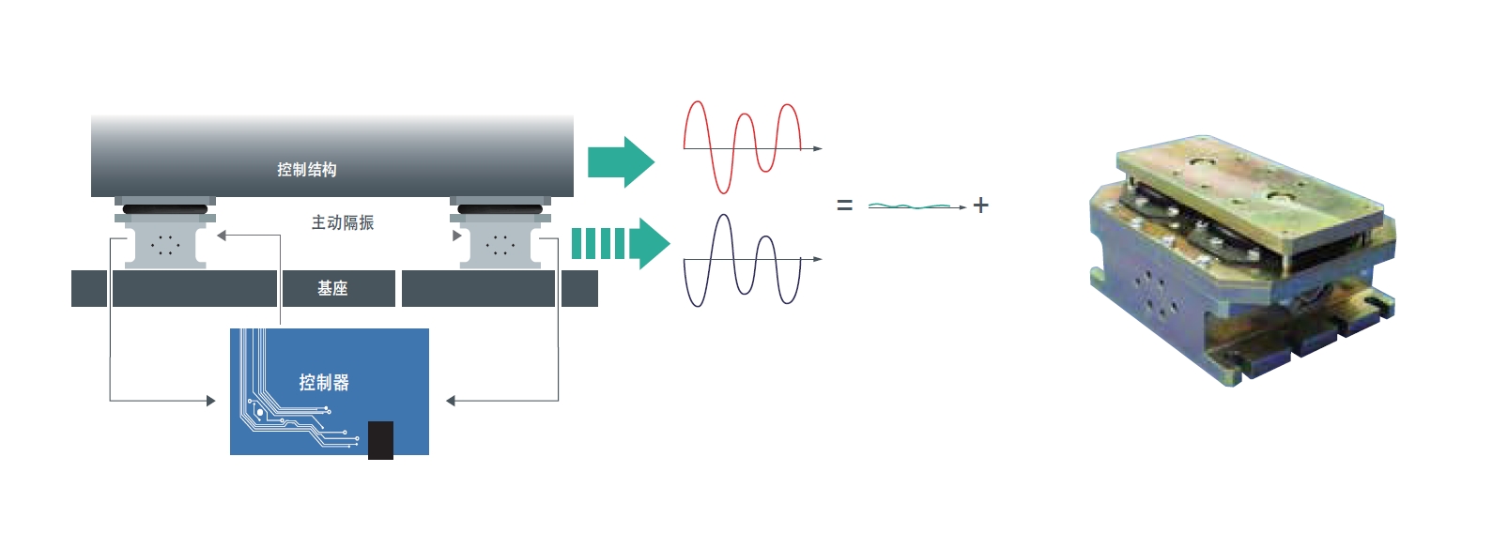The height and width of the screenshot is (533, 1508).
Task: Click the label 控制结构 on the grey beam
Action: pyautogui.click(x=306, y=170)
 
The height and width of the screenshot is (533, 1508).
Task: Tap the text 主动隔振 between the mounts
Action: pyautogui.click(x=343, y=222)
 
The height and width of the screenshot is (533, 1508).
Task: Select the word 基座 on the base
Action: pyautogui.click(x=332, y=288)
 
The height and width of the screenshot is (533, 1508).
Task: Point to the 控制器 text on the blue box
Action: pyautogui.click(x=324, y=382)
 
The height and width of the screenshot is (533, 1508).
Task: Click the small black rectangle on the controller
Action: pyautogui.click(x=380, y=439)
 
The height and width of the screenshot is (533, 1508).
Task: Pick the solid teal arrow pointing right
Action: pyautogui.click(x=621, y=161)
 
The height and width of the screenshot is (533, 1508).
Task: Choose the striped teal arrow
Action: pyautogui.click(x=620, y=244)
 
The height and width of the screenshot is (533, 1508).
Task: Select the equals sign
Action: pyautogui.click(x=844, y=206)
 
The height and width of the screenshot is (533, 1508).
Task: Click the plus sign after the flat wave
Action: pyautogui.click(x=981, y=205)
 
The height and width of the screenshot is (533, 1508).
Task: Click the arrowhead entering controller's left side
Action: pyautogui.click(x=211, y=401)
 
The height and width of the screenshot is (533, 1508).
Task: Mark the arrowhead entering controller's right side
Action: pyautogui.click(x=451, y=401)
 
